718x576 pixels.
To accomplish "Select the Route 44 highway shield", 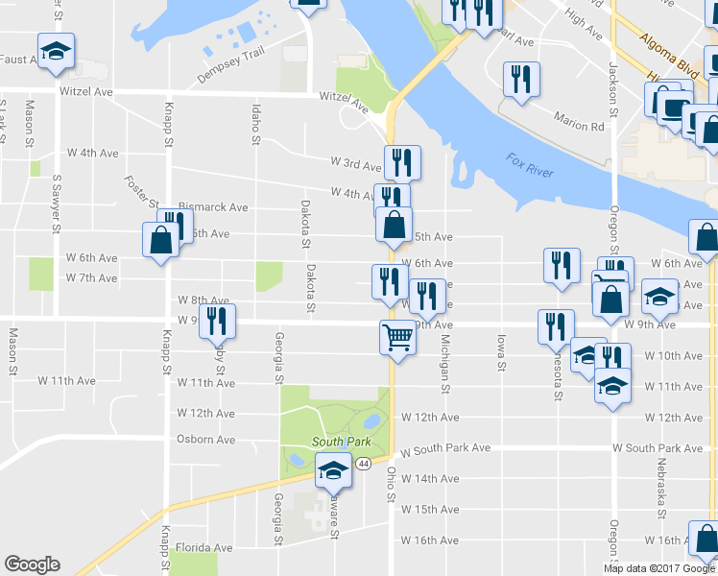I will click(362, 464).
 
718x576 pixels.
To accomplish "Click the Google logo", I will click(32, 564).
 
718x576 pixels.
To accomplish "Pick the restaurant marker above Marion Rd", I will click(521, 80).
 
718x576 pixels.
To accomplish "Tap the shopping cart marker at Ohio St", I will click(397, 338).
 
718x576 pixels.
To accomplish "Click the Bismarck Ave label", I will click(213, 207).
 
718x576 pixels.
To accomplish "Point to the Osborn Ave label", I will click(205, 440).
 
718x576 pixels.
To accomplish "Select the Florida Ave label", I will click(203, 548).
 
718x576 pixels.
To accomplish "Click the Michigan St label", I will click(445, 364).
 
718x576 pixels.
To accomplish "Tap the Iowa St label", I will click(501, 352).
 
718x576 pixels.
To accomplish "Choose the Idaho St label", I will click(255, 125).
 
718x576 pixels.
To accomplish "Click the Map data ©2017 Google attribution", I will click(658, 568).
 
